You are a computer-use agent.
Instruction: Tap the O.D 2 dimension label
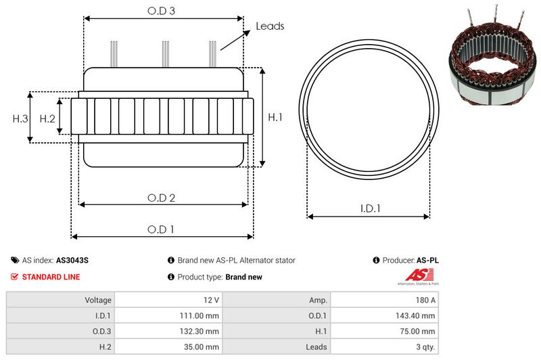point(162,198)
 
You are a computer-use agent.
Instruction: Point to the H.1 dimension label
point(275,117)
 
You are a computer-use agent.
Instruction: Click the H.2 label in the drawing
point(47,118)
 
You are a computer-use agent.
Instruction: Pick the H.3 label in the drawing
point(20,118)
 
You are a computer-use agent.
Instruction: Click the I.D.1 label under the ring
point(369,209)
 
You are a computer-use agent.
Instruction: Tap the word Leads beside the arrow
point(270,26)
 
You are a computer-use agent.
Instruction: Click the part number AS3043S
point(72,260)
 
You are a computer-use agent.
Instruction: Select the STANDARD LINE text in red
point(51,277)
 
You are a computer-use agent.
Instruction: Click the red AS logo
point(414,275)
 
